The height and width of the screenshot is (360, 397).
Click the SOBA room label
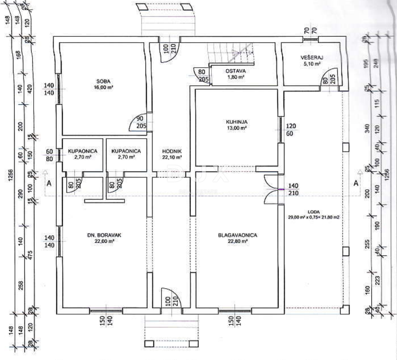pos(103,80)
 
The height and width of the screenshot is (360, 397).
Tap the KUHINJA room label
pos(237,121)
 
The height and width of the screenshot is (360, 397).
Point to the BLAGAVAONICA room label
pos(237,235)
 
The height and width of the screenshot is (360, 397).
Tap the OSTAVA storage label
pos(235,71)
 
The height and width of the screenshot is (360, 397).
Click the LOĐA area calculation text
pos(313,217)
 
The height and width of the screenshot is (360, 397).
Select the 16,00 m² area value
pos(103,86)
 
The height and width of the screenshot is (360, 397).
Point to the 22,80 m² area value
pos(237,241)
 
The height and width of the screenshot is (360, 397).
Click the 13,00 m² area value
pos(237,127)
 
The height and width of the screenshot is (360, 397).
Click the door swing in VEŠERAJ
pos(329,77)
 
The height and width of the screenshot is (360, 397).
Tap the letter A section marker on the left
pos(49,183)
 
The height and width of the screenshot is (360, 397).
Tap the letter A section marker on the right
pos(356,183)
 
